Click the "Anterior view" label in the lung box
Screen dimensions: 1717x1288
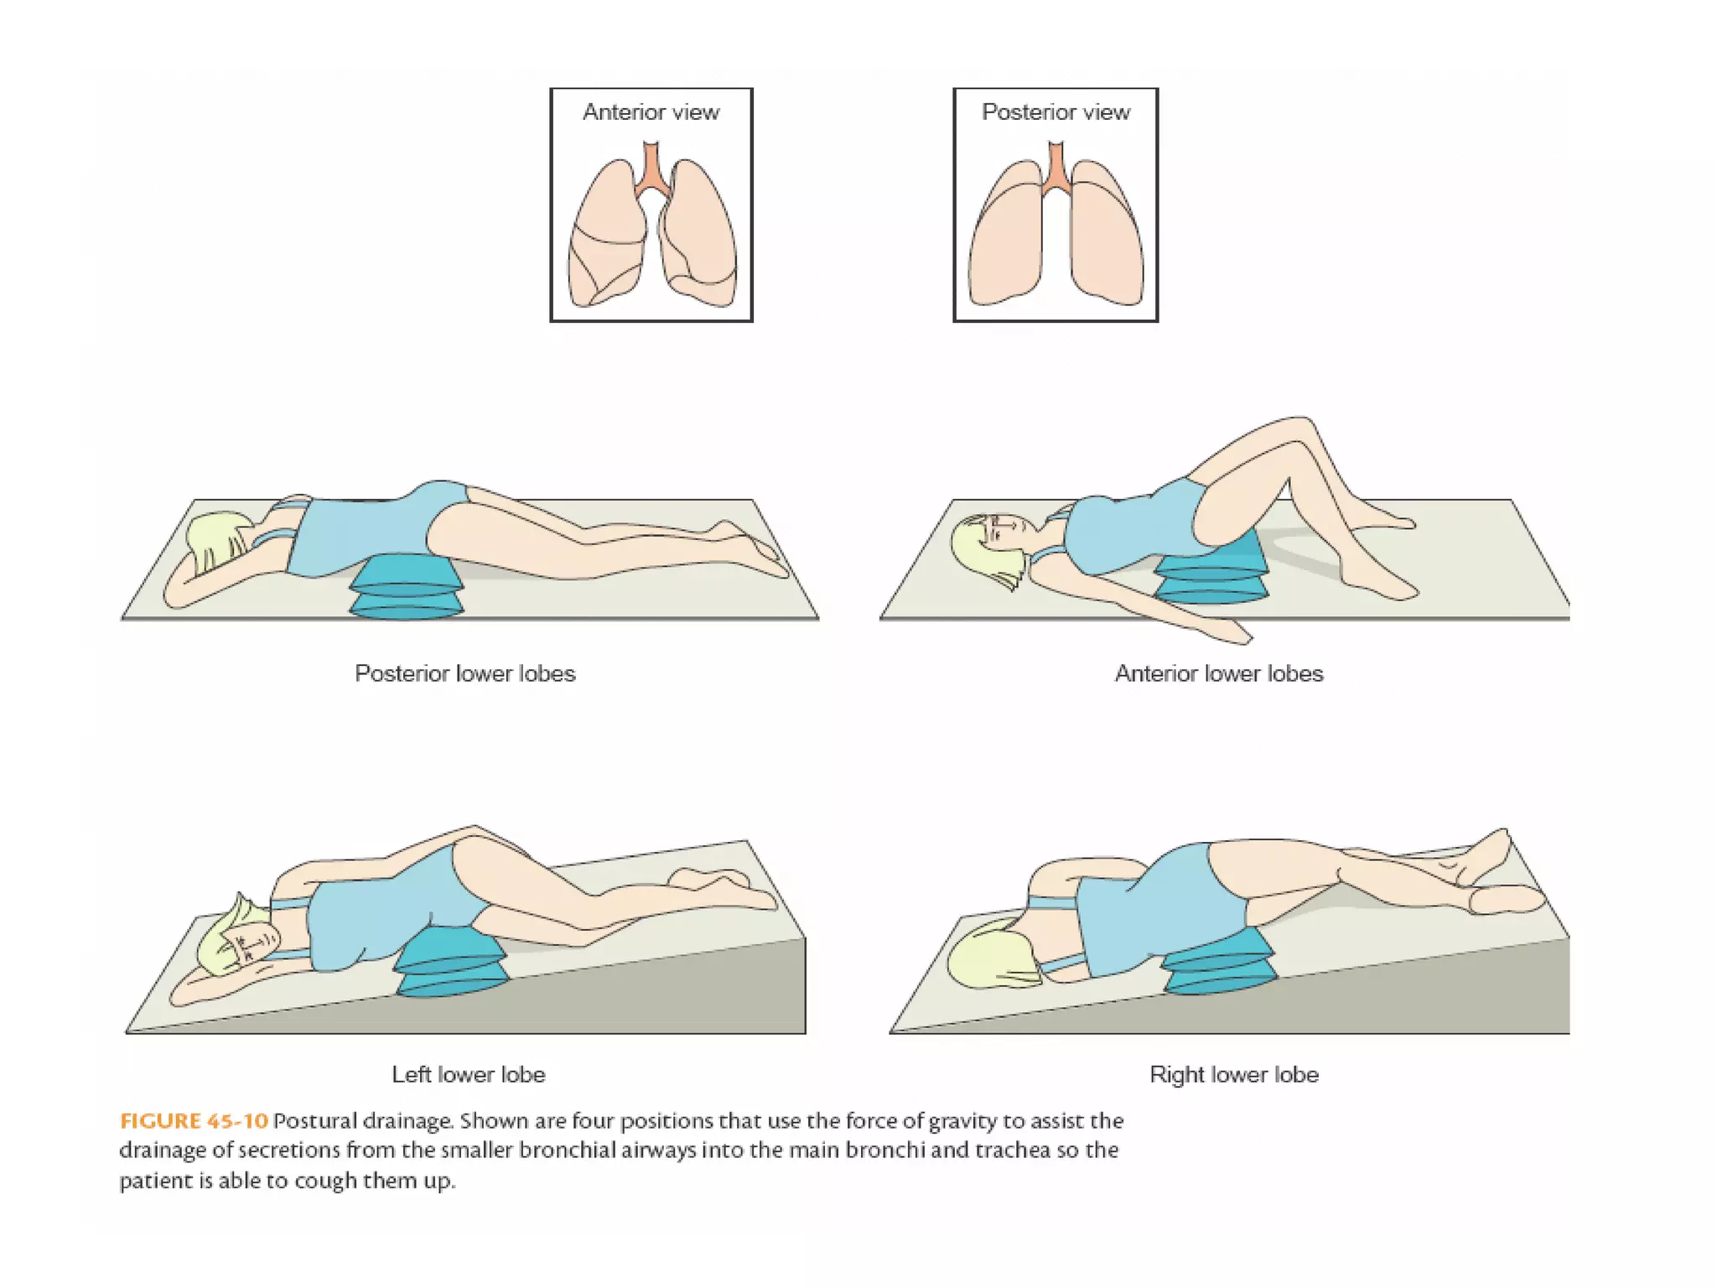point(651,112)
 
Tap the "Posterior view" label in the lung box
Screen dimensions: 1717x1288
point(1056,112)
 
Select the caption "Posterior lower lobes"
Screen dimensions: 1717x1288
point(465,674)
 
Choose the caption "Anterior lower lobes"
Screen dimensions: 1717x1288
point(1218,674)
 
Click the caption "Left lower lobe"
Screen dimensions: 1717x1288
point(469,1075)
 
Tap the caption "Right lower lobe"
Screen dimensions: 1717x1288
point(1233,1075)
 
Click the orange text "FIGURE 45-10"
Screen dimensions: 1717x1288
point(194,1121)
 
